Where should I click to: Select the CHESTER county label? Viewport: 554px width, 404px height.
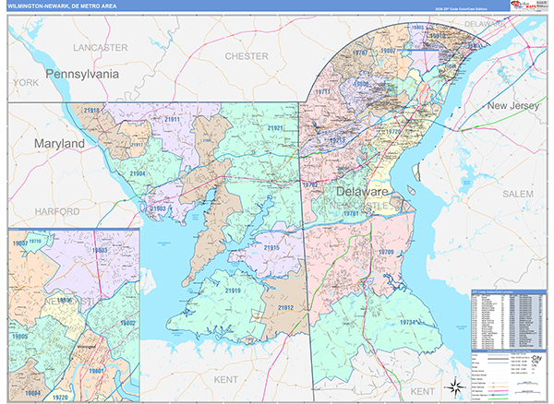pos(247,56)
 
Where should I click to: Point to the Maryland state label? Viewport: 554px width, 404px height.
pos(59,145)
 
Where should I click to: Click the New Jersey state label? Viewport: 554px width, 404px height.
pos(511,107)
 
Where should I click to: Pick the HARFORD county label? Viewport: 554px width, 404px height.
pos(58,211)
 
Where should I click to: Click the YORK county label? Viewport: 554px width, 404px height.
pos(26,83)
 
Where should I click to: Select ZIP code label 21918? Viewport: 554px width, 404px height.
pos(91,111)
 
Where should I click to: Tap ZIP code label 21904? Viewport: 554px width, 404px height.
pos(137,173)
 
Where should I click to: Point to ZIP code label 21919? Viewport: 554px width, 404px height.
pos(232,291)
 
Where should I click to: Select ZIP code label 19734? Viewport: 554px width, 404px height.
pos(410,322)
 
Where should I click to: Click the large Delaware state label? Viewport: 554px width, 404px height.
pos(362,191)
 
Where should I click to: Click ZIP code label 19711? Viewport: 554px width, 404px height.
pos(322,92)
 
